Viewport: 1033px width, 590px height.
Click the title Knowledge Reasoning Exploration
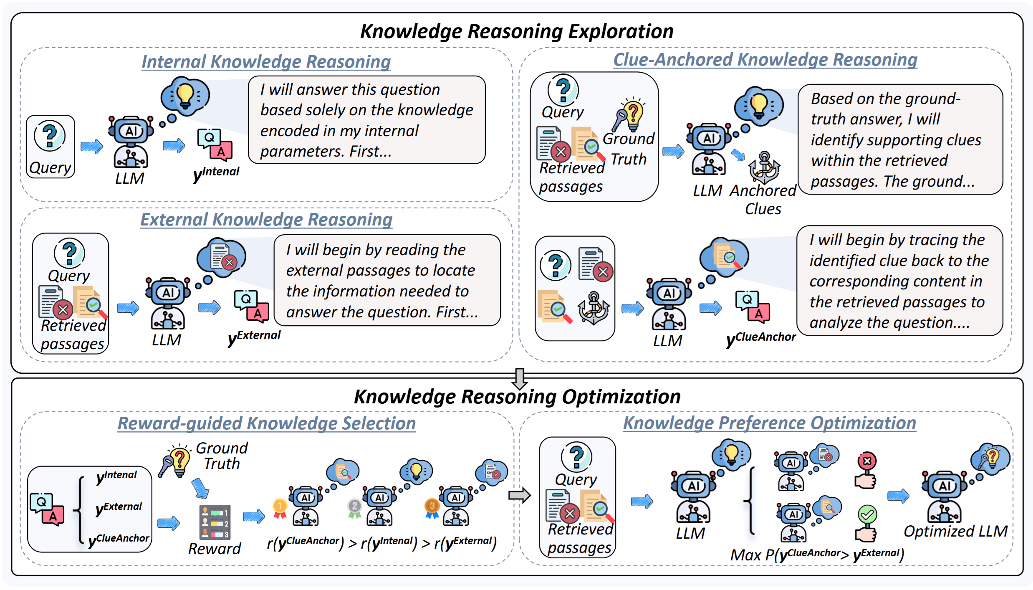(516, 31)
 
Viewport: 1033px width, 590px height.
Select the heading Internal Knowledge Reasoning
(266, 62)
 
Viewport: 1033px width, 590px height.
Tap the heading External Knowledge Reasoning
(266, 220)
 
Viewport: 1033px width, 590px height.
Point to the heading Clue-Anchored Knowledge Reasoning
(765, 60)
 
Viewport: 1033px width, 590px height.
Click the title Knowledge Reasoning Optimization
(517, 397)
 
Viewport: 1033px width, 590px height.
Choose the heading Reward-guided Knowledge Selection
(266, 423)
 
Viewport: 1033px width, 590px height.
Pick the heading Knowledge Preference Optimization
(769, 423)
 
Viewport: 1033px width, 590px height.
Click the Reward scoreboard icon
(215, 522)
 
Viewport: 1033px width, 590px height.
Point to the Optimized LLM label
(955, 532)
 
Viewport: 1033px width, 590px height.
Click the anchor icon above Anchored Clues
(764, 167)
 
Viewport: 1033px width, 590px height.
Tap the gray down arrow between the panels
(520, 378)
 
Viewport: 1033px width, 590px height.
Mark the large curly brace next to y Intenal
(80, 509)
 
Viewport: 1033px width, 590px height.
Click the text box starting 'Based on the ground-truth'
(899, 140)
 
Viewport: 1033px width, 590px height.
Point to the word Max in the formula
(745, 555)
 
